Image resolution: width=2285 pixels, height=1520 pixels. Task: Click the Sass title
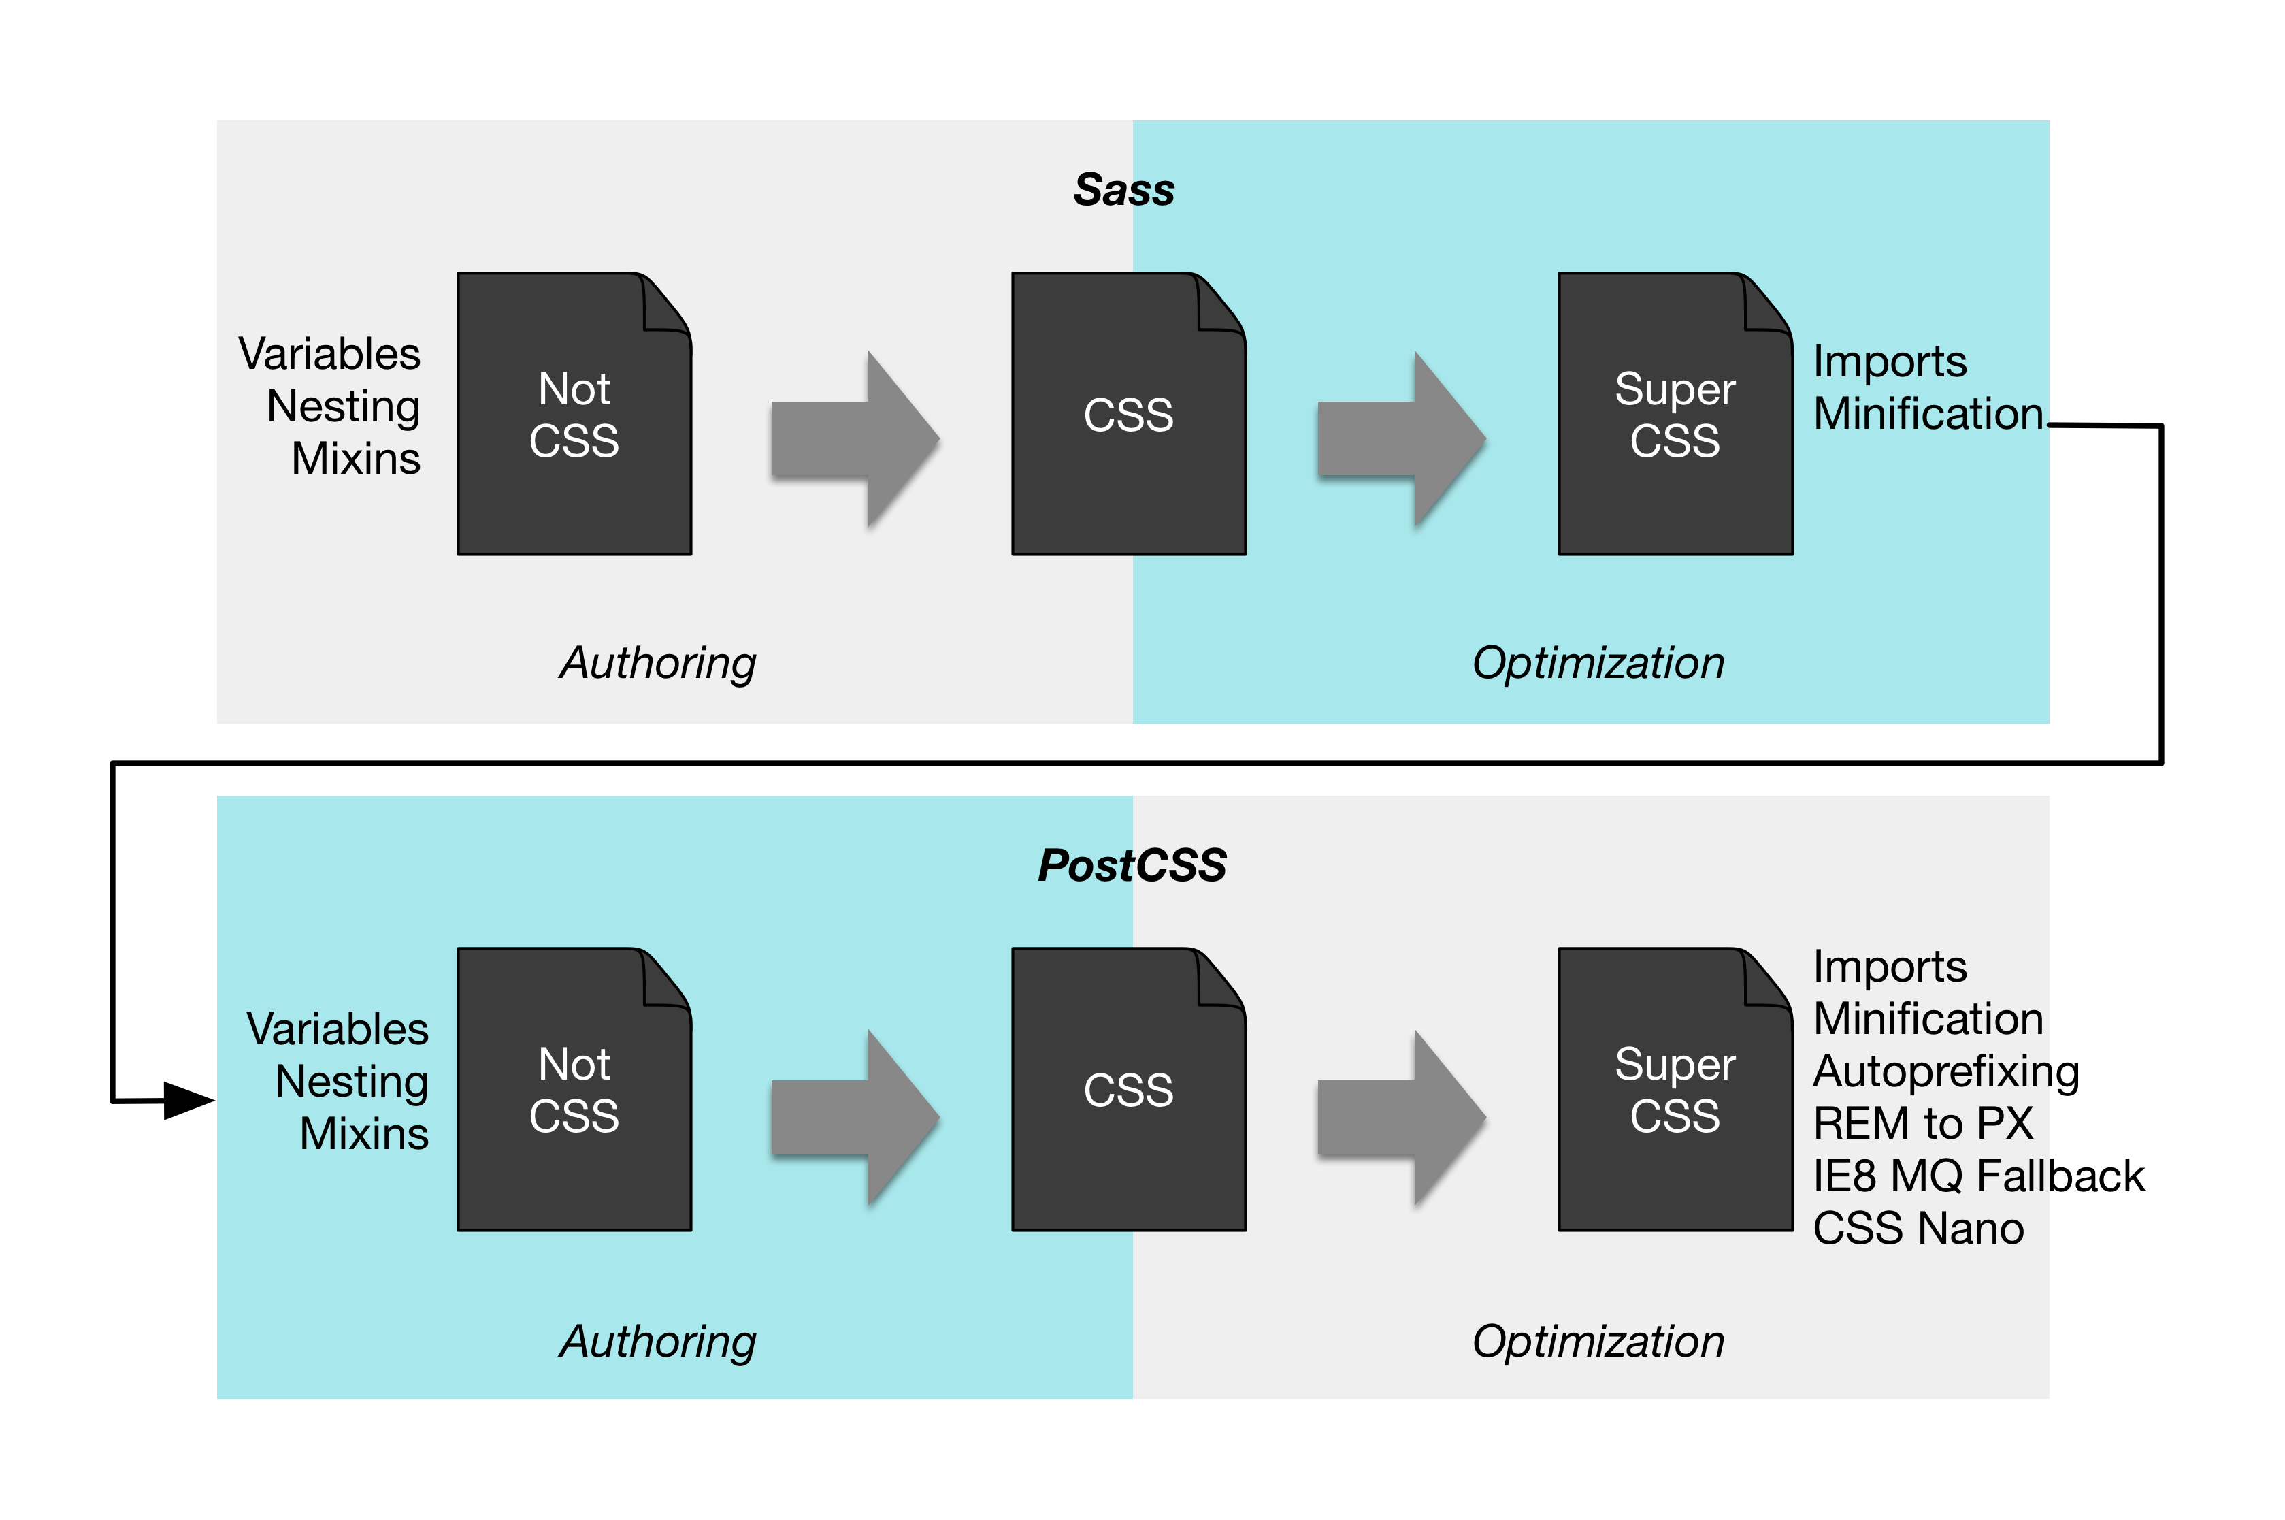(x=1123, y=189)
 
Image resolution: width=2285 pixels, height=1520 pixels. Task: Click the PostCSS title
(x=1131, y=864)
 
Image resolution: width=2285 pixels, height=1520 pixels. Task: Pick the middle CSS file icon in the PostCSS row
(x=1128, y=1090)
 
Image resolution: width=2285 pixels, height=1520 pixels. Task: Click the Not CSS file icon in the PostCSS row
(x=574, y=1090)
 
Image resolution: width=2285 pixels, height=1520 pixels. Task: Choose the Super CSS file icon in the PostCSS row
(x=1675, y=1090)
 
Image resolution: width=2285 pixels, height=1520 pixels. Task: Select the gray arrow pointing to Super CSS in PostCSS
(x=1401, y=1118)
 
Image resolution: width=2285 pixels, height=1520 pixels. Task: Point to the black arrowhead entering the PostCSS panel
(x=189, y=1100)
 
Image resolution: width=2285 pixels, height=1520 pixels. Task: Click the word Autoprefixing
(x=1946, y=1071)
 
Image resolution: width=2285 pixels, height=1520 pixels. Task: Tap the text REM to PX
(x=1922, y=1124)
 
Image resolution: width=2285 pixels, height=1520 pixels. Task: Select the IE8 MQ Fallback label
(x=1978, y=1176)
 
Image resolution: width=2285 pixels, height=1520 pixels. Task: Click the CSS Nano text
(x=1918, y=1228)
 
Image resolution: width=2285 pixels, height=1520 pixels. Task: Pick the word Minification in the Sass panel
(x=1928, y=414)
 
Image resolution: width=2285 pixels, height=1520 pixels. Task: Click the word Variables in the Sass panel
(x=329, y=354)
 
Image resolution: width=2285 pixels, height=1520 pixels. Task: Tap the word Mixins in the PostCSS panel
(x=363, y=1133)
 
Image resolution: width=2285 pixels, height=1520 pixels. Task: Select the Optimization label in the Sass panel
(x=1598, y=663)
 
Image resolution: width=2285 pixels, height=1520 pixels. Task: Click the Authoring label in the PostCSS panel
(x=658, y=1342)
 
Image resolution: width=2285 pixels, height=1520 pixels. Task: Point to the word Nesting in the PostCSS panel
(x=351, y=1081)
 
